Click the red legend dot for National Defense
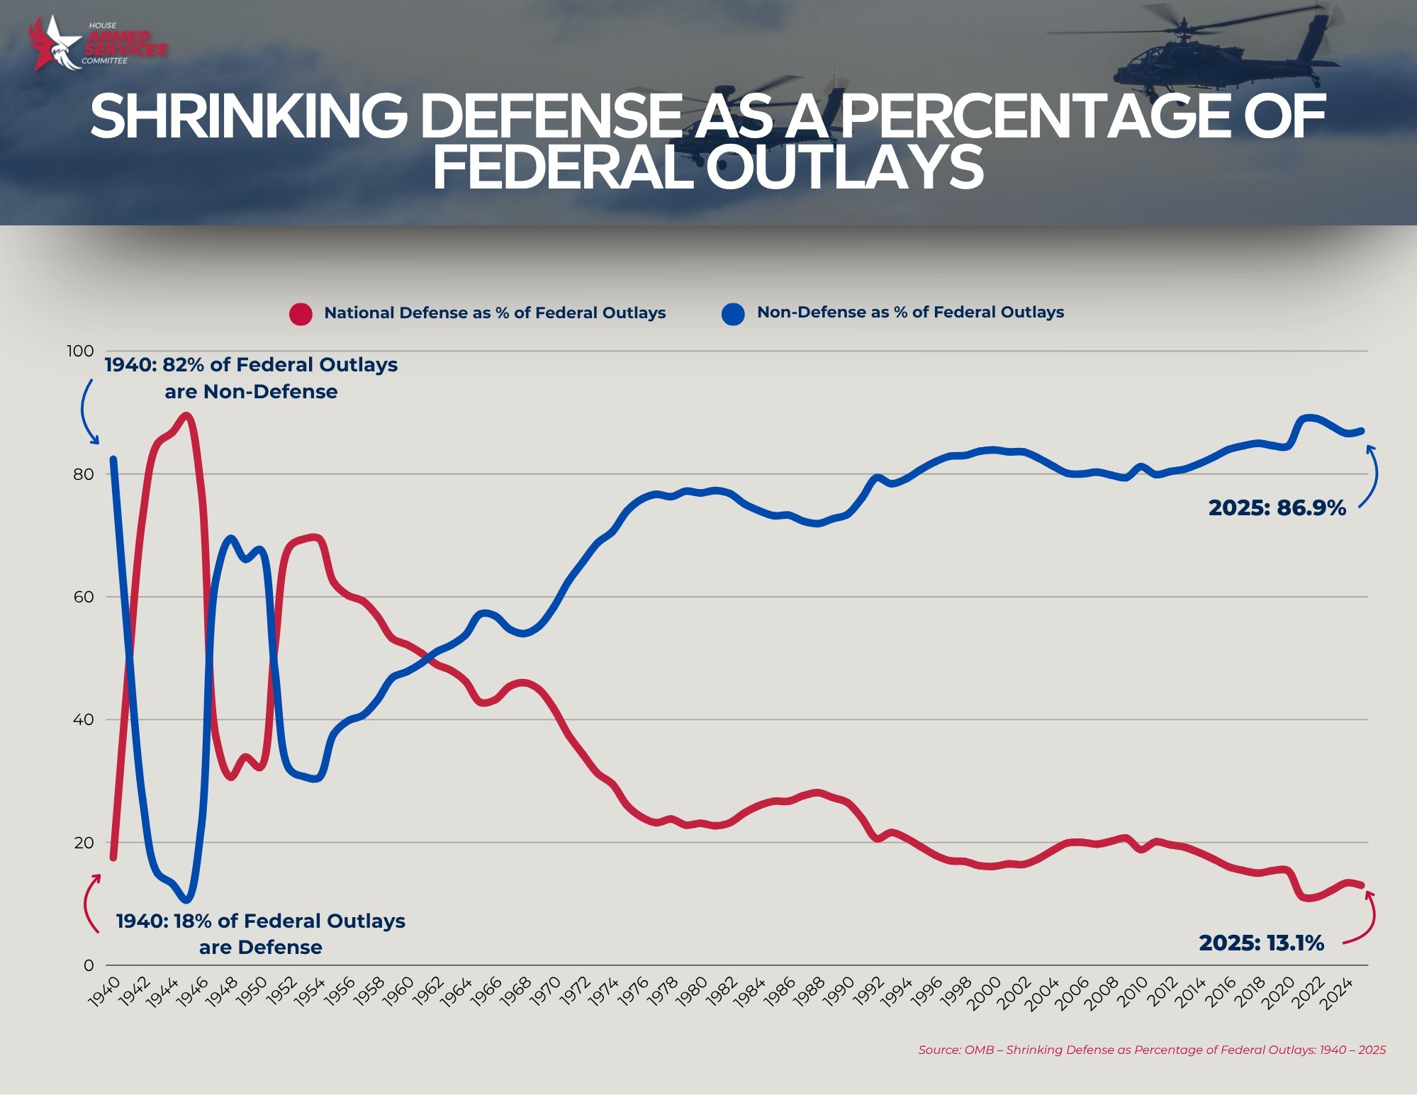click(x=301, y=313)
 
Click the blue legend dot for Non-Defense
click(x=733, y=313)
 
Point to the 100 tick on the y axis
click(x=80, y=351)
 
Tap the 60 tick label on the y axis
click(x=83, y=597)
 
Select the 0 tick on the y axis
click(x=89, y=965)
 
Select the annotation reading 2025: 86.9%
click(x=1277, y=508)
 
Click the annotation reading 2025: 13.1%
click(x=1261, y=943)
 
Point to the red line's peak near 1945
click(x=186, y=416)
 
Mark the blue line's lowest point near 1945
click(x=186, y=899)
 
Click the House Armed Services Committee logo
click(x=98, y=44)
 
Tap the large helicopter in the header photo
click(x=1198, y=60)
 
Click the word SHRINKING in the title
click(x=248, y=117)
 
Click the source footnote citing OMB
click(x=1151, y=1050)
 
